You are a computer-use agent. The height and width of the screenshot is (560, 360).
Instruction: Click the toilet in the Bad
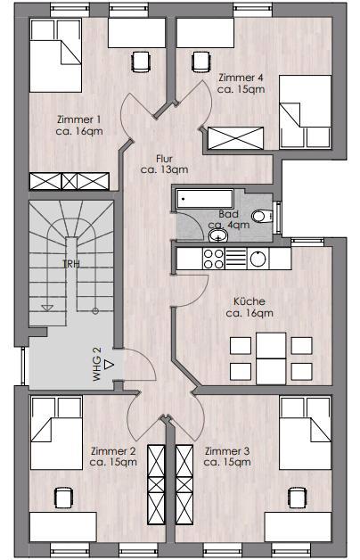[262, 216]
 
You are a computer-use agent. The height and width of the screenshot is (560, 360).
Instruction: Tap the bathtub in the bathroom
[204, 199]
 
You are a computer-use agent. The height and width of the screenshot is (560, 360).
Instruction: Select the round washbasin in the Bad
[218, 235]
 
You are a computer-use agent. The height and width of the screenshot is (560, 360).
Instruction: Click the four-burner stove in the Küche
[213, 259]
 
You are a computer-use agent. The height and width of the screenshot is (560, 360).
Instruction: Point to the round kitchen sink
[258, 259]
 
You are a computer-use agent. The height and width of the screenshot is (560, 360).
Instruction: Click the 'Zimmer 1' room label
[78, 119]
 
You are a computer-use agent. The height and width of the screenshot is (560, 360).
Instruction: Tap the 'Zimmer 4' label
[241, 78]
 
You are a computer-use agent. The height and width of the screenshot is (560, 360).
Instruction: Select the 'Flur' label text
[164, 159]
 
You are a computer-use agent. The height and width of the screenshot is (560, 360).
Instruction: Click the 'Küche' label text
[250, 301]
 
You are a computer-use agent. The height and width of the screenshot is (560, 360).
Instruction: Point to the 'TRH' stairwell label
[71, 264]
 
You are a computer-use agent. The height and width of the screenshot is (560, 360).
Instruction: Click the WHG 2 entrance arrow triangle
[109, 365]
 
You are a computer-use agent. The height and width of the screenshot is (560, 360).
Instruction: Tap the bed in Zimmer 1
[56, 55]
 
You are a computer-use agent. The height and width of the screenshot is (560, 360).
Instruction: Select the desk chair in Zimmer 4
[201, 62]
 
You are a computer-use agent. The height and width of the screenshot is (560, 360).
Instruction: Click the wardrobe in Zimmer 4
[236, 138]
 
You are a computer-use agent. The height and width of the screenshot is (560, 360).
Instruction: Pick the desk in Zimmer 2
[63, 527]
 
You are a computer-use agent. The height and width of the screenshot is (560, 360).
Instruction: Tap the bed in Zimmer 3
[305, 432]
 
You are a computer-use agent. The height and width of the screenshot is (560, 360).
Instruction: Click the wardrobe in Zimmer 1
[70, 181]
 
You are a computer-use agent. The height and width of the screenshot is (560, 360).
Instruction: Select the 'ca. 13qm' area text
[164, 169]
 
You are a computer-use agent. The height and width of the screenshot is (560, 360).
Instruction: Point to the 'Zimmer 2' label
[113, 450]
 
